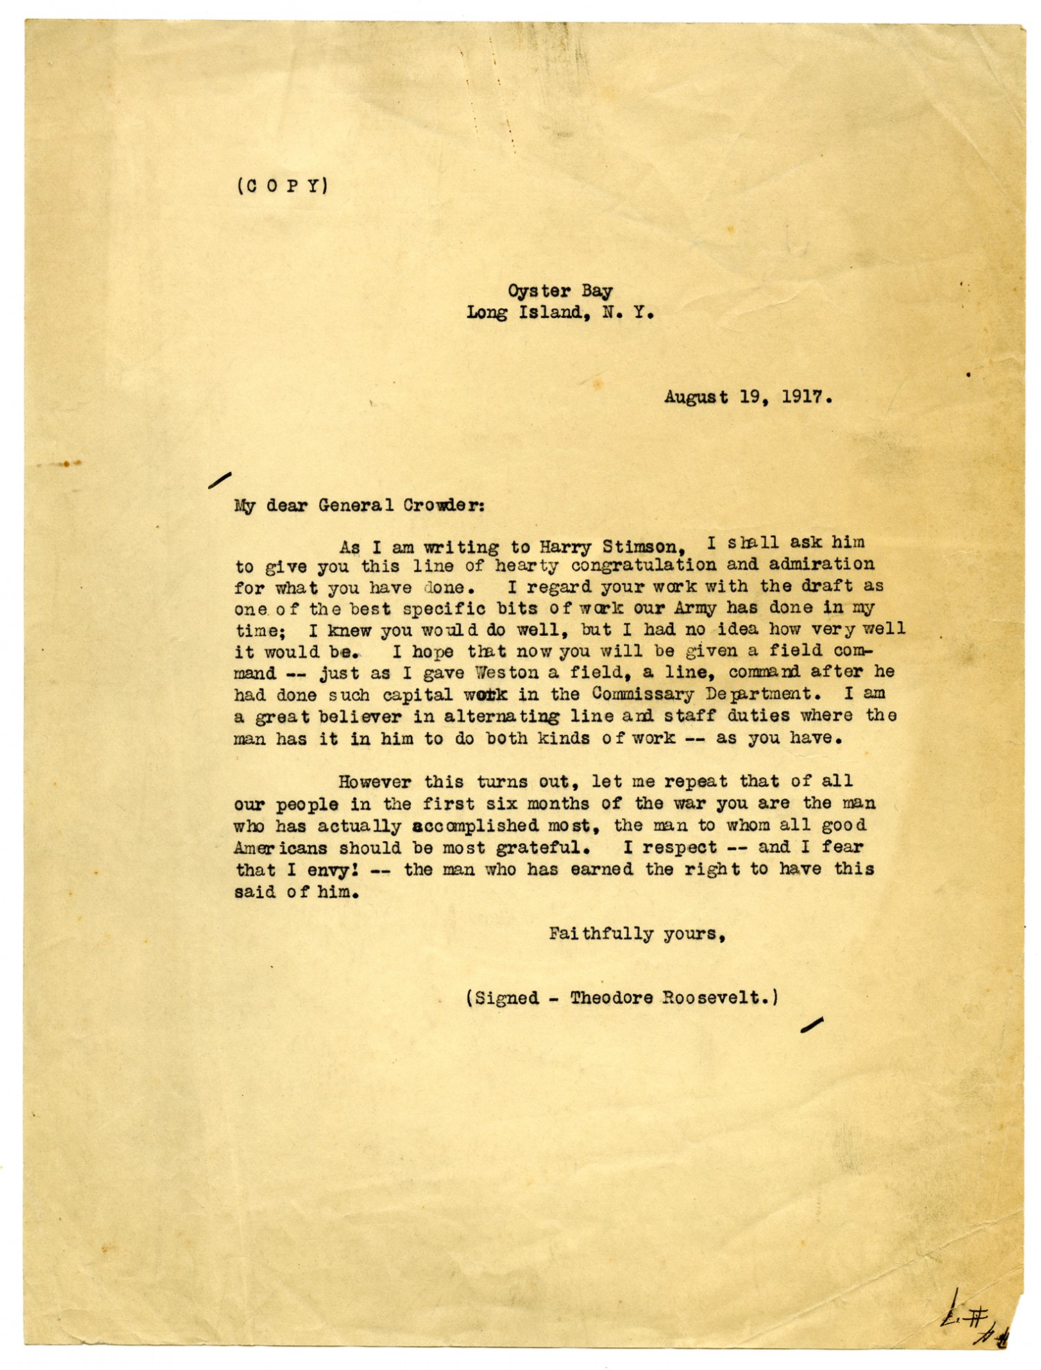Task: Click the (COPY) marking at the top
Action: pos(282,186)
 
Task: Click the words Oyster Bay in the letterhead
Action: pos(559,291)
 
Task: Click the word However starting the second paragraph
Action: pos(375,781)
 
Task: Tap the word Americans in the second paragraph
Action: pos(280,847)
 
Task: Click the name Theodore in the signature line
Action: pos(611,998)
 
